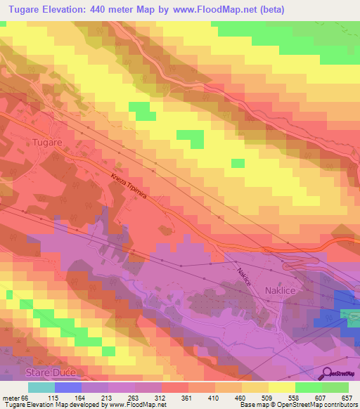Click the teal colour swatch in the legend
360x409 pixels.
point(41,387)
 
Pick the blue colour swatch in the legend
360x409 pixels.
point(68,387)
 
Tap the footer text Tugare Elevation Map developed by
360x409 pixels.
point(51,405)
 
